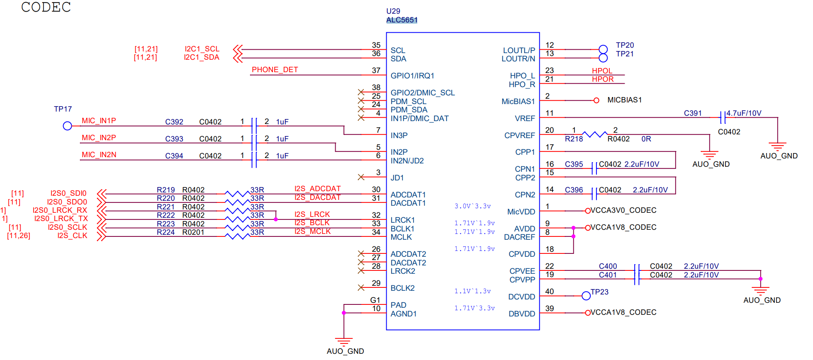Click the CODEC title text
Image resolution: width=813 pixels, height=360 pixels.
click(x=46, y=7)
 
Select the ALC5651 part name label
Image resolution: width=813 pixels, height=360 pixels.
click(x=402, y=20)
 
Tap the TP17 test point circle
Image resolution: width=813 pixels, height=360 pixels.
click(x=67, y=126)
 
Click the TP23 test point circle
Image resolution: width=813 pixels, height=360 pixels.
click(x=586, y=296)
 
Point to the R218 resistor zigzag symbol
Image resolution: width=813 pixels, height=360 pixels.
click(x=594, y=134)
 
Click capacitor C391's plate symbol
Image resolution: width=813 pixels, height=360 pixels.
click(x=723, y=117)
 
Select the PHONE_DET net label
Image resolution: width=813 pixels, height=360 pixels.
click(x=275, y=70)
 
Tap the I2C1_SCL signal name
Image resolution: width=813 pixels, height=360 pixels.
click(x=202, y=49)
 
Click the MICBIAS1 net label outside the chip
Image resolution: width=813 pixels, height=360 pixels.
click(x=624, y=100)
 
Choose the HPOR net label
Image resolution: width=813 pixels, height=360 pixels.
click(x=602, y=79)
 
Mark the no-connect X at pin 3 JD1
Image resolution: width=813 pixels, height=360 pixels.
click(x=361, y=177)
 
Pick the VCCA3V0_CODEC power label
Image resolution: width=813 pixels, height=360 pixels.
click(x=623, y=210)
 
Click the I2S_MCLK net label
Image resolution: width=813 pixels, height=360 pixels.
click(x=312, y=231)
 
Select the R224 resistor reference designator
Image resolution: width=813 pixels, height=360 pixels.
click(x=166, y=232)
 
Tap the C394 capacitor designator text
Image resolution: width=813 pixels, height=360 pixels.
click(x=174, y=156)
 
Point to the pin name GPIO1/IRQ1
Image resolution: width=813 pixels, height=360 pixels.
click(x=412, y=76)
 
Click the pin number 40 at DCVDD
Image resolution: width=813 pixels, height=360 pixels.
click(x=549, y=292)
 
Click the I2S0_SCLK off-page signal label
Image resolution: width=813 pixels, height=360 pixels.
click(x=67, y=227)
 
